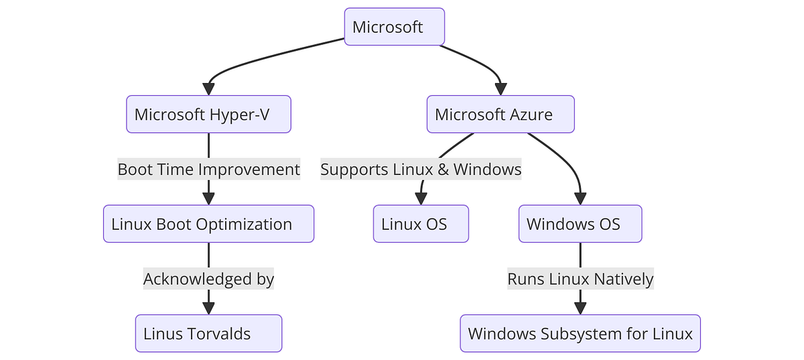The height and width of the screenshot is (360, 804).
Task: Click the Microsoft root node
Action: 394,27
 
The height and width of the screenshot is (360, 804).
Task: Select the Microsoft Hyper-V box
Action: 208,114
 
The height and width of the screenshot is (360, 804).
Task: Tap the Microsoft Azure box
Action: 500,114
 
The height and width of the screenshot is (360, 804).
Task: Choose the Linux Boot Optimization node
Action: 208,224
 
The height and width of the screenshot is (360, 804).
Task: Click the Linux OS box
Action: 421,224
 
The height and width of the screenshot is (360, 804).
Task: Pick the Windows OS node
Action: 580,224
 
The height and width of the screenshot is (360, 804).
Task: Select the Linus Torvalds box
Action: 208,333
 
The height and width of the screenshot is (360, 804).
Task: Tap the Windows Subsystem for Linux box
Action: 580,333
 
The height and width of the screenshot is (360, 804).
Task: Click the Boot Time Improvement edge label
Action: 208,170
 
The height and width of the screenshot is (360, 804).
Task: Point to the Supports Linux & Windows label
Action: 421,170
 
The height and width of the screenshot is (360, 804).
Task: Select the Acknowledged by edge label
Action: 208,279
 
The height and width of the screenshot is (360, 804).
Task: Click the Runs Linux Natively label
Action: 580,279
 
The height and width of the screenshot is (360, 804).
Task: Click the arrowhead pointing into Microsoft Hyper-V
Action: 208,88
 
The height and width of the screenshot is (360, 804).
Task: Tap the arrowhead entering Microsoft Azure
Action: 500,88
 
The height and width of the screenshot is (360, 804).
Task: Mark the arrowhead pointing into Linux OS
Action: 421,198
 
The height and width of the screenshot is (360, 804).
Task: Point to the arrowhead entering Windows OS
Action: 580,198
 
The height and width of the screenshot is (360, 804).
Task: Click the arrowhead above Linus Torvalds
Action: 208,308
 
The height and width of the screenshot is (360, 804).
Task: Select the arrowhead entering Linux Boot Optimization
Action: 208,198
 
